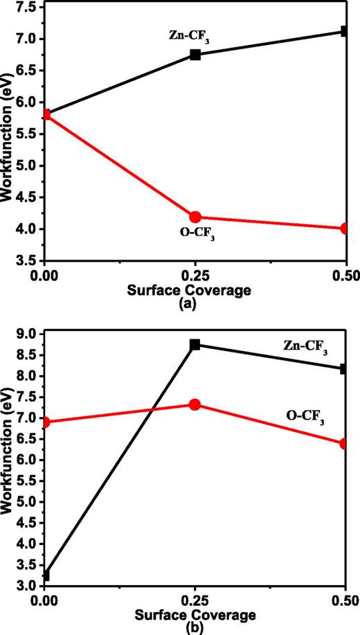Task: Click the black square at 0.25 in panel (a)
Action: pos(195,54)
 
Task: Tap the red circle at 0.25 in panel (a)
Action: pos(195,217)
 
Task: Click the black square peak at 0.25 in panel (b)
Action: pos(195,344)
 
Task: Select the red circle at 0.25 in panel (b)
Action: pos(195,404)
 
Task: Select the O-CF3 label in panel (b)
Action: pos(305,418)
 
